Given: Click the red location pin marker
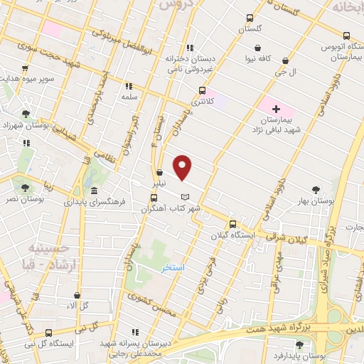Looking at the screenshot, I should (183, 168).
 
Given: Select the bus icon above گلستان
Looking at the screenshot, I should (249, 18).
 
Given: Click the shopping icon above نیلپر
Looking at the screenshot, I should (160, 171).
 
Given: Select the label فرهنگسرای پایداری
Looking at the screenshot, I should (95, 202).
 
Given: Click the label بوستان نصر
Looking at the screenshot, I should (26, 200).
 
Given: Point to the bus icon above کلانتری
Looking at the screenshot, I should (203, 90).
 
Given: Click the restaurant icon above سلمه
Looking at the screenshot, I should (129, 85).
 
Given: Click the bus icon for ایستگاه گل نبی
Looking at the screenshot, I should (48, 333).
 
